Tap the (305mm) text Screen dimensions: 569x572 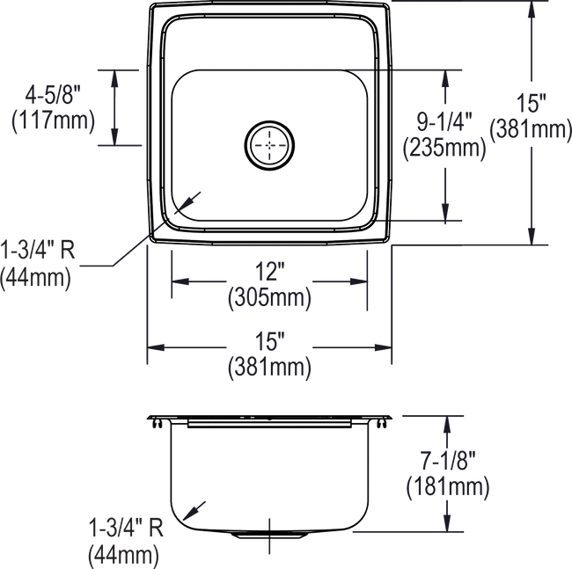pos(270,300)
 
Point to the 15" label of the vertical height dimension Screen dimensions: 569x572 pos(532,104)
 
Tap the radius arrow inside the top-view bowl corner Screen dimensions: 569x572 pos(191,200)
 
